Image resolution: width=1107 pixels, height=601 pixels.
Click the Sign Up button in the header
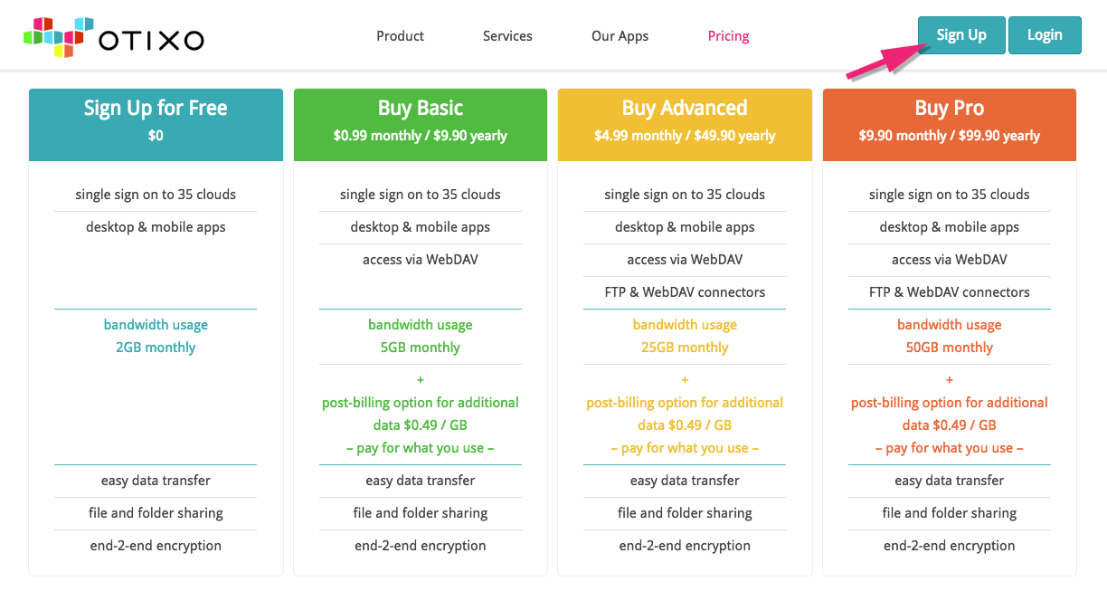[961, 35]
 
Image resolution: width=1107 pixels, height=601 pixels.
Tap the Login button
[1045, 35]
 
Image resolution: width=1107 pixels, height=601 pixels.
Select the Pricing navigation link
[728, 36]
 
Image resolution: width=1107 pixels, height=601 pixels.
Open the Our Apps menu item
[620, 36]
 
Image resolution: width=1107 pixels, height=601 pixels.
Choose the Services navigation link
[507, 36]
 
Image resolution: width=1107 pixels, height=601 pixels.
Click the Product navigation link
[401, 36]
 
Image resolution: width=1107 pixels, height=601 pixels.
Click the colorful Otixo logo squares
[58, 37]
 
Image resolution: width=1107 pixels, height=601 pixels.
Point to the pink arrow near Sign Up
[887, 61]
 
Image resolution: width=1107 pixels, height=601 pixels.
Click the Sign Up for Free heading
[156, 108]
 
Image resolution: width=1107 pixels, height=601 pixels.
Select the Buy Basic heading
[420, 108]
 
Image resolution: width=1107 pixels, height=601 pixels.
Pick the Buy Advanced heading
[685, 108]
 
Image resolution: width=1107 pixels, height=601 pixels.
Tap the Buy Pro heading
[950, 108]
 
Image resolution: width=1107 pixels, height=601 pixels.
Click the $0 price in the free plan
[156, 136]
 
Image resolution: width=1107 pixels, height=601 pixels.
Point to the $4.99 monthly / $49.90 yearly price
[685, 136]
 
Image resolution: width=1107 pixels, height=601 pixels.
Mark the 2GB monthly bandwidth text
[156, 348]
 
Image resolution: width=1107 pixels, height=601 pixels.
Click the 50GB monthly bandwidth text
[950, 348]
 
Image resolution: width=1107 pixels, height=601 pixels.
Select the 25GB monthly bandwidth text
[685, 348]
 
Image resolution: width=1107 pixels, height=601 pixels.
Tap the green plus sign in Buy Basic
[420, 380]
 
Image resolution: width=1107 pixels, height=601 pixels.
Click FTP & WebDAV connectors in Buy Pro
[950, 292]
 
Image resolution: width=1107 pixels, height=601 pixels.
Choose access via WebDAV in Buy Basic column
[420, 260]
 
